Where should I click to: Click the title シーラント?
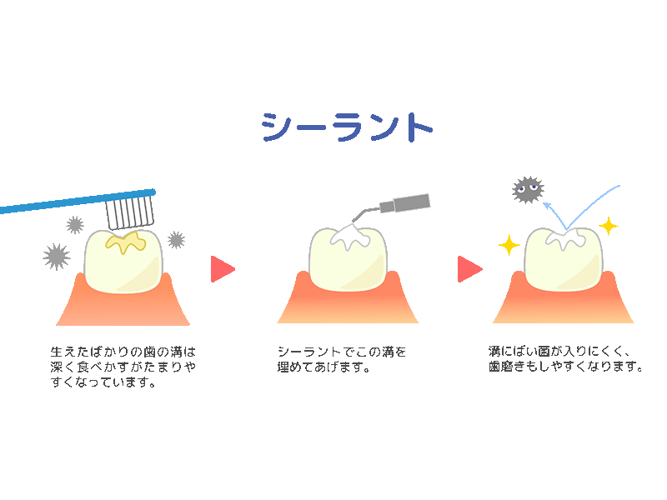pyautogui.click(x=347, y=127)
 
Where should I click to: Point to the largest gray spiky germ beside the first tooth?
pyautogui.click(x=57, y=256)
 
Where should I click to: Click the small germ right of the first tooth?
pyautogui.click(x=176, y=240)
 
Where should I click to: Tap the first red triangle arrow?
pyautogui.click(x=222, y=269)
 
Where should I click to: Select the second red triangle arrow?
pyautogui.click(x=469, y=269)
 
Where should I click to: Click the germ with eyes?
pyautogui.click(x=527, y=190)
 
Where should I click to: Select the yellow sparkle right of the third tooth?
pyautogui.click(x=609, y=226)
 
